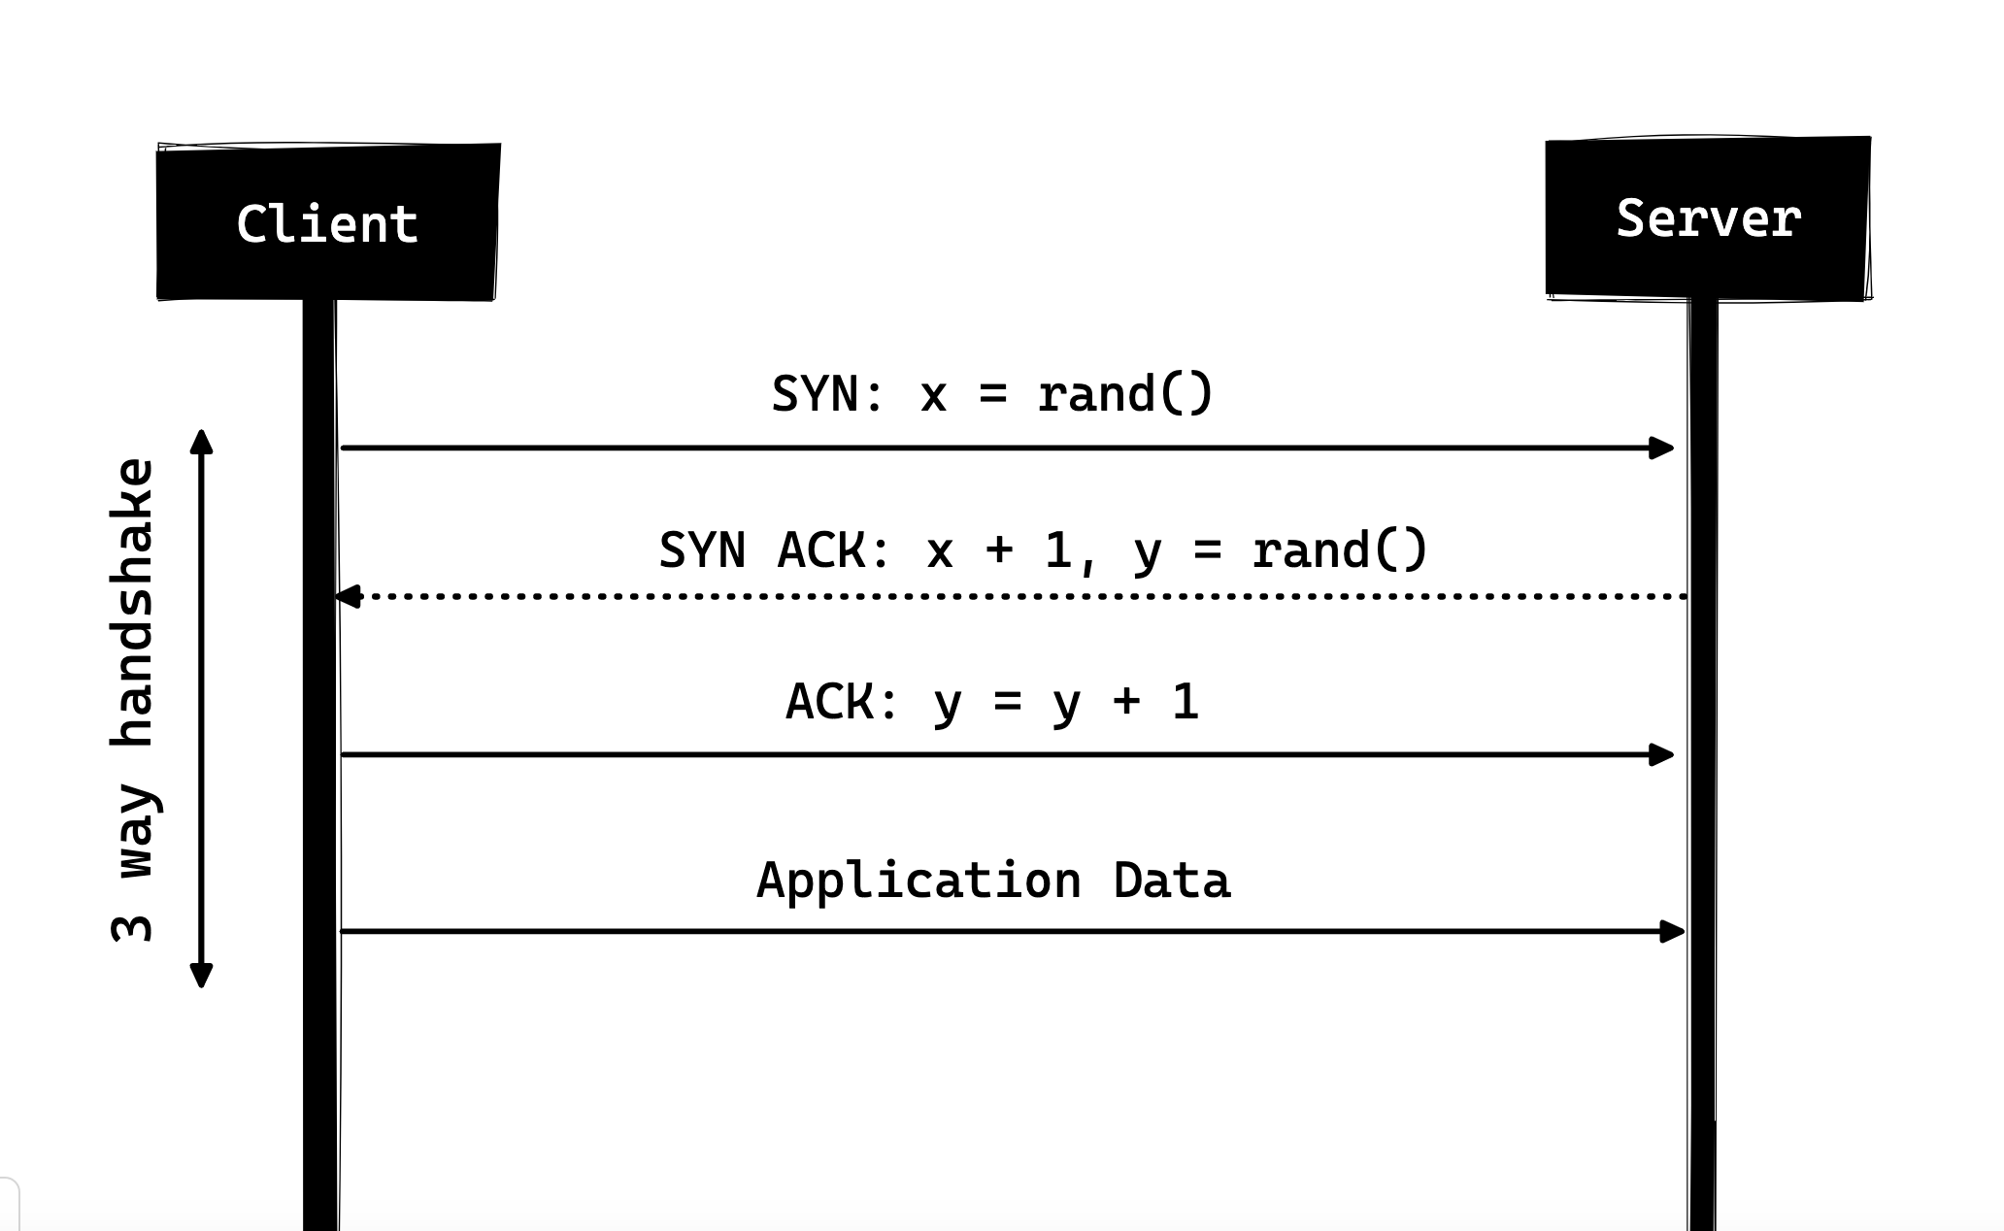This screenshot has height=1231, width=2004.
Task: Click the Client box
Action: tap(328, 221)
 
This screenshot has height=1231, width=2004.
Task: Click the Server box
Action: tap(1709, 217)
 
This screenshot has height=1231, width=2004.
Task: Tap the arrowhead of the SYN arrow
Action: tap(1662, 448)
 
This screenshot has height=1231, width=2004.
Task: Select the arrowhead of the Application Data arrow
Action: tap(1673, 932)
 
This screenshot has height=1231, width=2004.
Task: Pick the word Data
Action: tap(1172, 881)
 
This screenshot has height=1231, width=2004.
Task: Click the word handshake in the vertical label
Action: tap(133, 602)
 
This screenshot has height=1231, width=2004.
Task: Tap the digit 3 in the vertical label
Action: tap(133, 928)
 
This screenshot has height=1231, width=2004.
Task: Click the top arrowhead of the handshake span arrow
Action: tap(201, 442)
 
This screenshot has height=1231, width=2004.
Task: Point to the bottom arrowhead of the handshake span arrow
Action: tap(201, 976)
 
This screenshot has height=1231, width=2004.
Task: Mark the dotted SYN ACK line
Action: tap(1011, 596)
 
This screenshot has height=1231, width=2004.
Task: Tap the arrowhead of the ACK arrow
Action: tap(1662, 754)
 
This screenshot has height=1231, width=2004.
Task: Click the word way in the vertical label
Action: tap(136, 832)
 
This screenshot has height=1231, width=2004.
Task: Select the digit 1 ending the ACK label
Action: tap(1186, 702)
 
